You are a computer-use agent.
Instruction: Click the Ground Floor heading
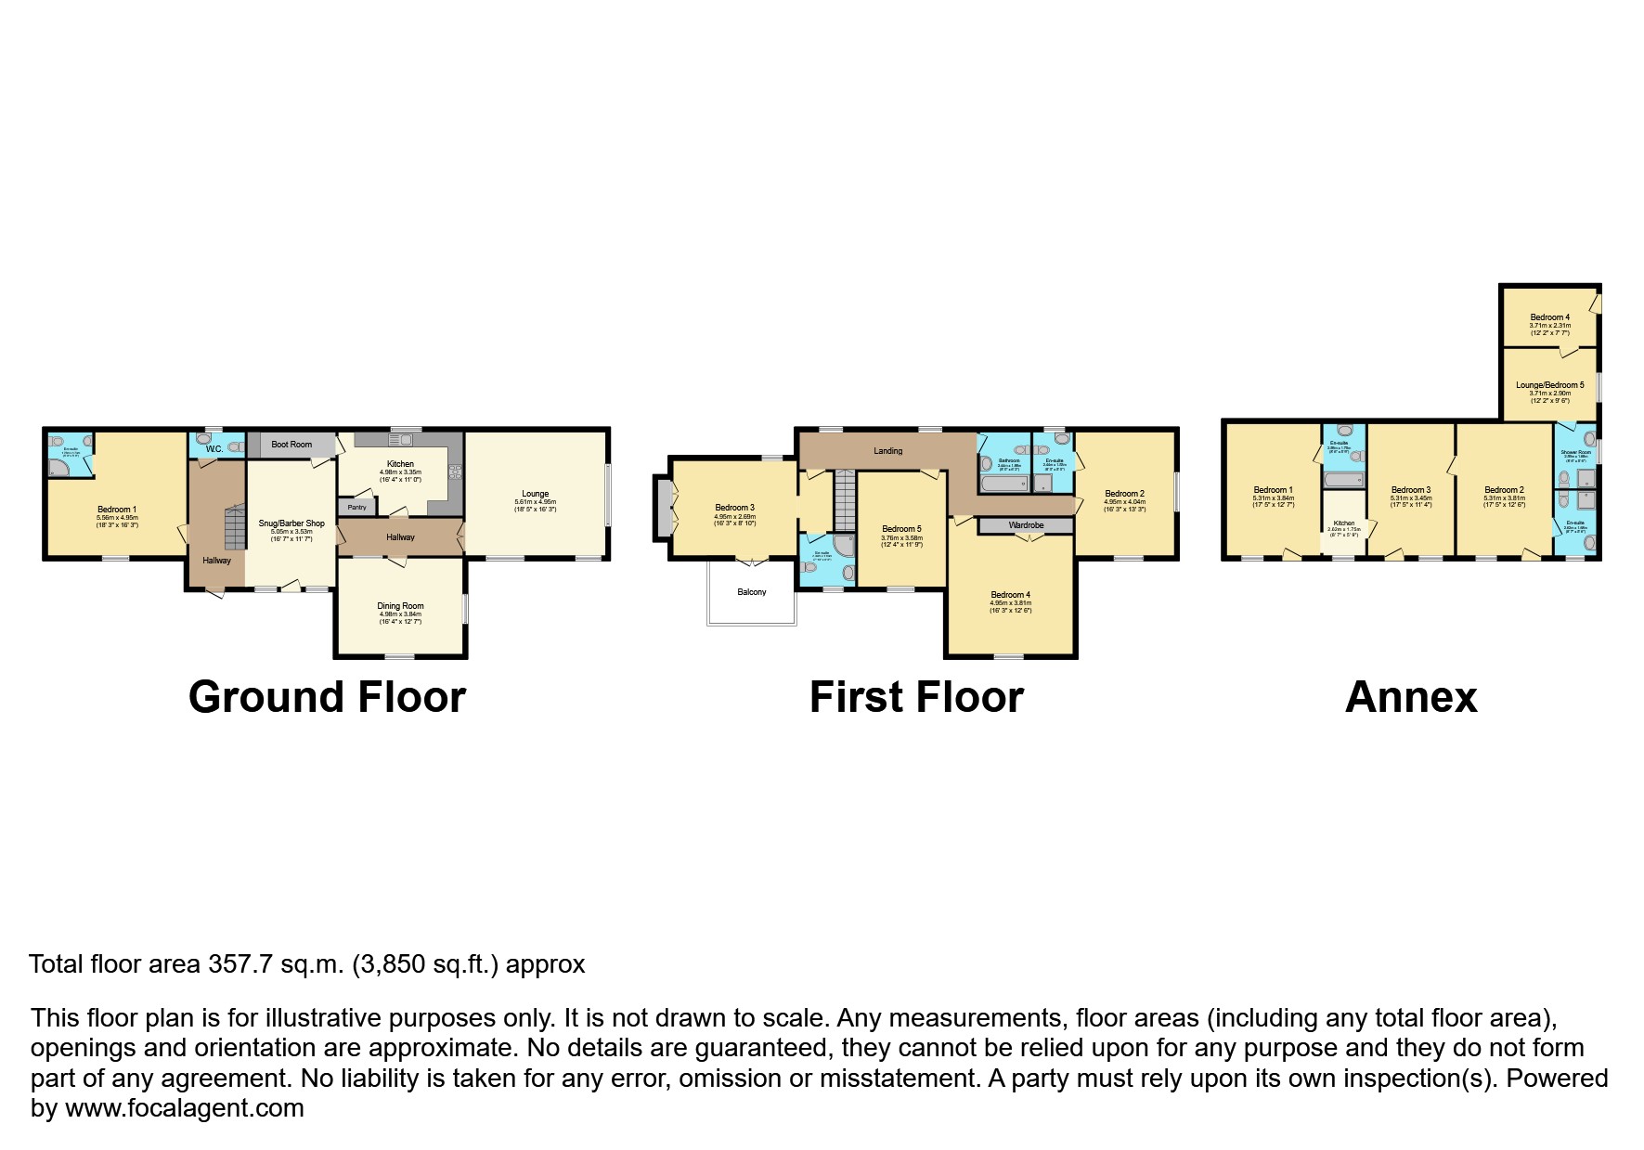click(327, 697)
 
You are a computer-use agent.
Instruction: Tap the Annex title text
click(1410, 697)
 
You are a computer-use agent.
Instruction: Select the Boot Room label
click(291, 445)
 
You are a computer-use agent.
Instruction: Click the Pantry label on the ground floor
click(356, 508)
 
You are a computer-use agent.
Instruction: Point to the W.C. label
click(214, 449)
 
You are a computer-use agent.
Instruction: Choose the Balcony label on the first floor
click(752, 592)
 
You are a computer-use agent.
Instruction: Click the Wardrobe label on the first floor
click(1026, 525)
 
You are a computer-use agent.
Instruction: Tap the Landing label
click(887, 451)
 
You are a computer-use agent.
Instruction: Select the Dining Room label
click(400, 606)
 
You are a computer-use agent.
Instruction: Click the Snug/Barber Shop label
click(291, 523)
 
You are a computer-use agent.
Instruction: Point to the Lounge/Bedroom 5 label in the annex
click(1549, 385)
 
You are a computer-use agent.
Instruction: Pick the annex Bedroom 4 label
click(1549, 317)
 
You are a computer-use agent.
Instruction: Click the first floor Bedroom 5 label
click(901, 529)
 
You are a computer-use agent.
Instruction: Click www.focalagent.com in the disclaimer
click(184, 1108)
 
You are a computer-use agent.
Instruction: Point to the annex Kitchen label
click(1343, 523)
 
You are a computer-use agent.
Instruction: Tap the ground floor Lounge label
click(535, 494)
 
